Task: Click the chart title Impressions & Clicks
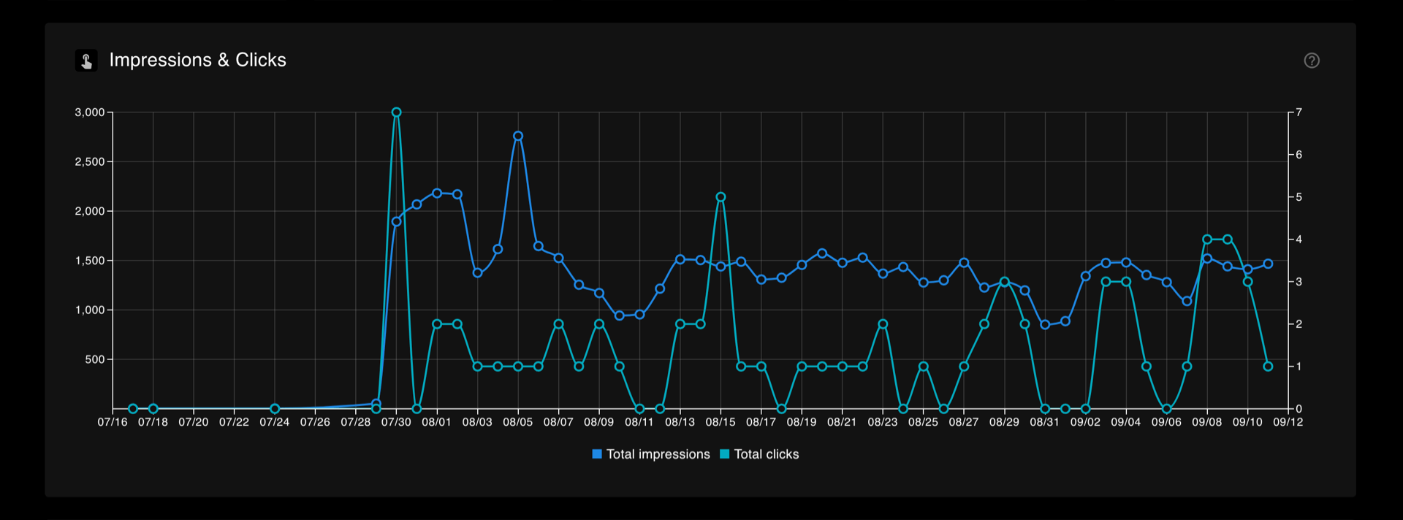click(197, 60)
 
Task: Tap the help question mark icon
click(1312, 61)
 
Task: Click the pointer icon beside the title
click(86, 61)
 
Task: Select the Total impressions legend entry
click(651, 454)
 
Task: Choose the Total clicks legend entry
click(759, 454)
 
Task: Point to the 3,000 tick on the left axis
click(90, 112)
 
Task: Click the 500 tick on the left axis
click(95, 359)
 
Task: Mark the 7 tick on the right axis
click(1299, 112)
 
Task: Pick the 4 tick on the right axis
click(1299, 240)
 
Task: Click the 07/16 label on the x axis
click(113, 422)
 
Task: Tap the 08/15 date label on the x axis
click(720, 422)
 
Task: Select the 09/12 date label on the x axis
click(1288, 422)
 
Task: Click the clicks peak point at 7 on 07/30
click(396, 112)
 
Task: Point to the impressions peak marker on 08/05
click(518, 136)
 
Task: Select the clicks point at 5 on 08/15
click(720, 197)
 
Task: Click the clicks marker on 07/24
click(275, 409)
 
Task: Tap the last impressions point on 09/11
click(1268, 264)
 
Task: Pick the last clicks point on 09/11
click(1268, 367)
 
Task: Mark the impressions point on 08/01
click(437, 194)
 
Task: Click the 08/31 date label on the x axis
click(1045, 422)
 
